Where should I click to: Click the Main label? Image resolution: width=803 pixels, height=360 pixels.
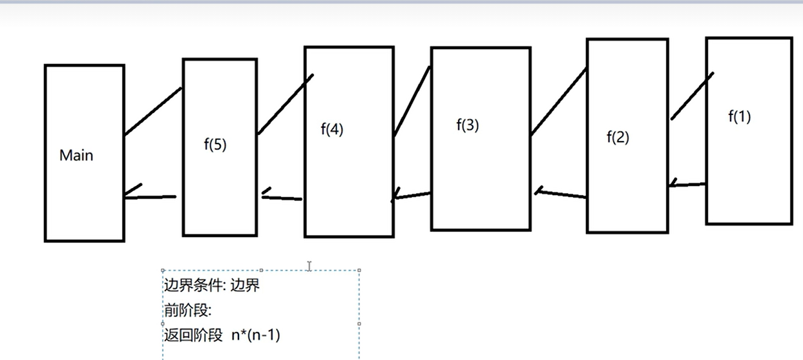coord(77,156)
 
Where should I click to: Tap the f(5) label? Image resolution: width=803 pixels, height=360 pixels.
coord(215,145)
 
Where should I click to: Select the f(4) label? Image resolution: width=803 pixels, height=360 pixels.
coord(332,130)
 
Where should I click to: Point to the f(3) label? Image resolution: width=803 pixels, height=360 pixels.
coord(467,126)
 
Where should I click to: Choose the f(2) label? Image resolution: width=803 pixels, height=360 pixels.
coord(617,137)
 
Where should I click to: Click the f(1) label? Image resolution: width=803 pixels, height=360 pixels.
coord(739,117)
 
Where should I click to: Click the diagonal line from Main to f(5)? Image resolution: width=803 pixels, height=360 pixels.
coord(153,111)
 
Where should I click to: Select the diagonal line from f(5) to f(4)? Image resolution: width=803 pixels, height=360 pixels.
coord(285,105)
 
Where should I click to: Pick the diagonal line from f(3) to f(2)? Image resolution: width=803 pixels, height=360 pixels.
coord(558,102)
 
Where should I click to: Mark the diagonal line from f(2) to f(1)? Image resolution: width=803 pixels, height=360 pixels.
coord(692,96)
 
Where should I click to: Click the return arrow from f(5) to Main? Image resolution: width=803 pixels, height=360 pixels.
coord(150,196)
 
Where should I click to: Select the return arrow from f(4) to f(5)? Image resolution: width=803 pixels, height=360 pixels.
coord(282,197)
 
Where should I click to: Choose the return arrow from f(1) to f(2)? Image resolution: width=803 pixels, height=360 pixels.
coord(687,184)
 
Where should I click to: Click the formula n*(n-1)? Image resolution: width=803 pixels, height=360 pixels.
coord(255,334)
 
